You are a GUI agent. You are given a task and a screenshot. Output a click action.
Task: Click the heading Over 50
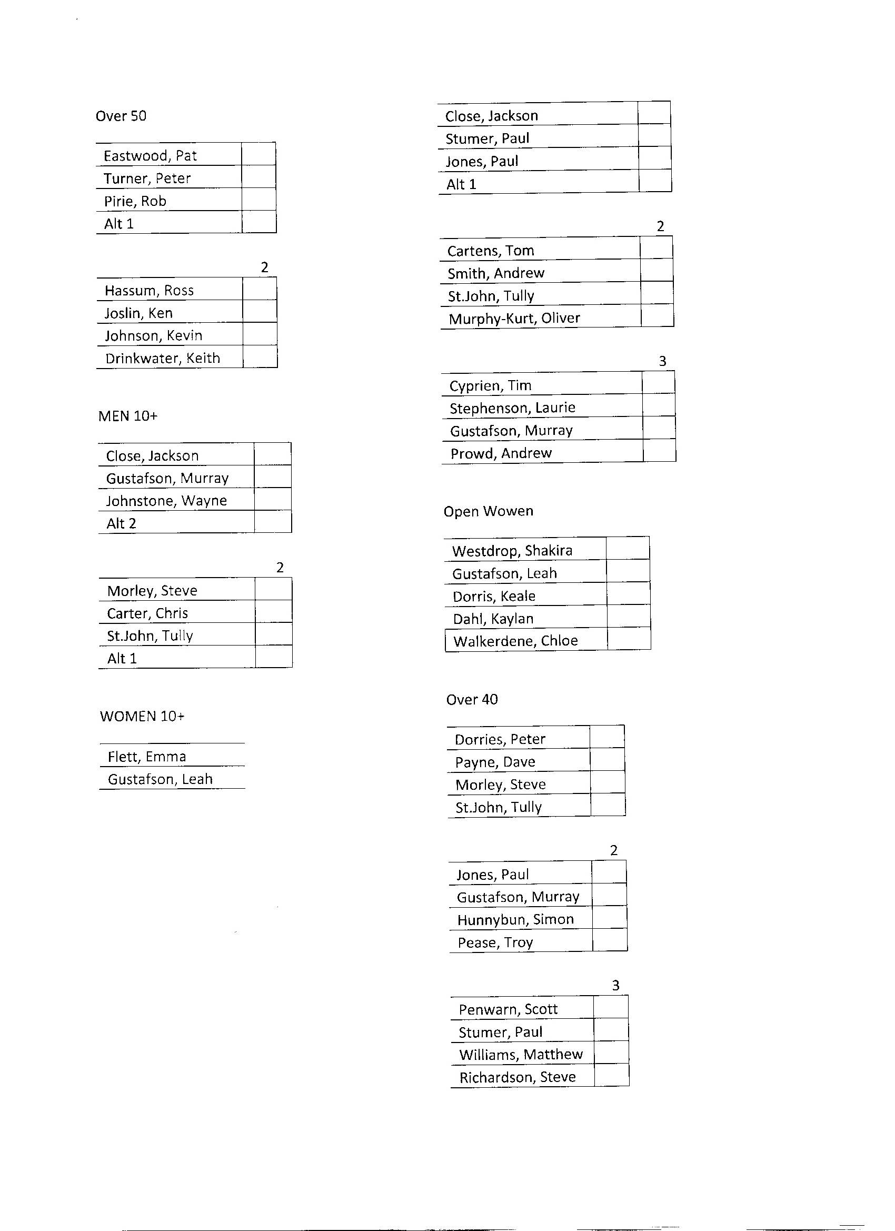pos(121,116)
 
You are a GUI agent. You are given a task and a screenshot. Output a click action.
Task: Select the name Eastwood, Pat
pos(151,156)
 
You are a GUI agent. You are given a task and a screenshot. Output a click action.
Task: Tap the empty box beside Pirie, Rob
pos(259,200)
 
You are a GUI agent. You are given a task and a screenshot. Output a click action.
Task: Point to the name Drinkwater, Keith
pos(163,359)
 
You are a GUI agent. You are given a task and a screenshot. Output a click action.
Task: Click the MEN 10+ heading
pos(128,416)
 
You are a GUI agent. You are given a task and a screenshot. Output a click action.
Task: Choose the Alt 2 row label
pos(122,524)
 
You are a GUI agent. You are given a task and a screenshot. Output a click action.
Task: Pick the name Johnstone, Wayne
pos(166,501)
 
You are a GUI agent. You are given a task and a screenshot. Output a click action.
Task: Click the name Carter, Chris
pos(147,613)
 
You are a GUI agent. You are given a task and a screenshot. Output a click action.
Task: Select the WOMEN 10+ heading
pos(142,717)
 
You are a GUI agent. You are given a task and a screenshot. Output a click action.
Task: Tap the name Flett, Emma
pos(147,757)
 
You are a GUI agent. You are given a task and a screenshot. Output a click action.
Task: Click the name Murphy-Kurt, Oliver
pos(514,319)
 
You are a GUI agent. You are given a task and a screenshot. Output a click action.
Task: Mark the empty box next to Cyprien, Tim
pos(659,383)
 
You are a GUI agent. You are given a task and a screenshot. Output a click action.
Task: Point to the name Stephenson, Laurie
pos(512,408)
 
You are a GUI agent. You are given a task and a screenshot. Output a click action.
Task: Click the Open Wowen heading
pos(489,511)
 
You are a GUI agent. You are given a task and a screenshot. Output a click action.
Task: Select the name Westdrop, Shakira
pos(512,551)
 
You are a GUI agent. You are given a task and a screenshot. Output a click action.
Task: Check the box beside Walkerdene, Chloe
pos(629,639)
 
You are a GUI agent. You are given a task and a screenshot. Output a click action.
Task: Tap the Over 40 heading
pos(472,700)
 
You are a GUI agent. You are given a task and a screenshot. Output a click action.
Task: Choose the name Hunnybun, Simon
pos(515,919)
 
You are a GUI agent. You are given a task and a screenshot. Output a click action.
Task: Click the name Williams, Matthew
pos(521,1055)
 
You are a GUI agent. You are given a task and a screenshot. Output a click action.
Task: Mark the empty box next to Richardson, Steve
pos(612,1075)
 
